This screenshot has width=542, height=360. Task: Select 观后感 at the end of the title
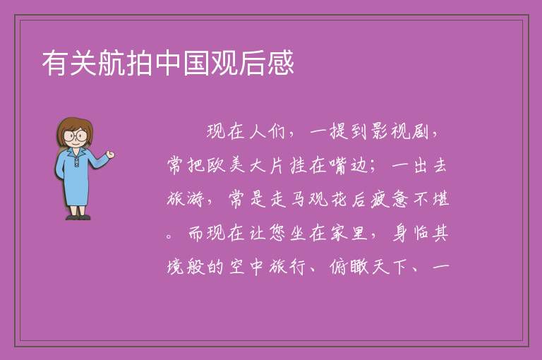click(x=253, y=63)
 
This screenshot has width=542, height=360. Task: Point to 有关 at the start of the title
click(x=69, y=63)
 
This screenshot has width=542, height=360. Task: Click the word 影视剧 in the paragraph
click(x=400, y=131)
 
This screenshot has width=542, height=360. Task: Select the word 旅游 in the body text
click(x=185, y=199)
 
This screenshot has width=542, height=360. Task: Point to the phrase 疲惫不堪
click(x=410, y=199)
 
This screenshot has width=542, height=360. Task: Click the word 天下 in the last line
click(x=390, y=267)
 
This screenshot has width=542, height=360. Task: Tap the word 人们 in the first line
click(x=267, y=131)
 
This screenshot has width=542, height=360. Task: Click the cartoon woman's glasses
click(x=76, y=136)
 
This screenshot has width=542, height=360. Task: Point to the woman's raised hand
click(x=110, y=155)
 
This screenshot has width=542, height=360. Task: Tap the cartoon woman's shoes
click(x=78, y=217)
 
